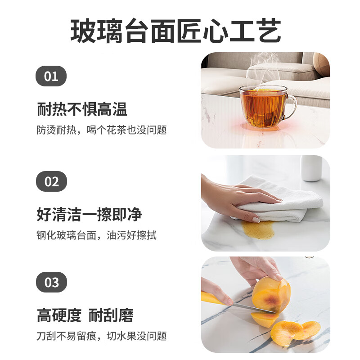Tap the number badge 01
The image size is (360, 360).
(x=51, y=76)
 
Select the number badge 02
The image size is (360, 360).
(x=51, y=181)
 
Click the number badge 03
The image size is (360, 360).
(x=51, y=282)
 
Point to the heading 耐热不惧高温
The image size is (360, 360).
(x=82, y=109)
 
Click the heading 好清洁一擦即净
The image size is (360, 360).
(x=89, y=215)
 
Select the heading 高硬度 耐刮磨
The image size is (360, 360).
(x=85, y=315)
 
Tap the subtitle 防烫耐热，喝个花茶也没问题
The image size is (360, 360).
(x=102, y=130)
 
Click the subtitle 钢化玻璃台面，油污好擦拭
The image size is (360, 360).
(x=96, y=235)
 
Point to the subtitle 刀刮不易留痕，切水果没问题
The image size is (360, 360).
(x=102, y=336)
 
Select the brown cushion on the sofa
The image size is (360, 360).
(x=321, y=63)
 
